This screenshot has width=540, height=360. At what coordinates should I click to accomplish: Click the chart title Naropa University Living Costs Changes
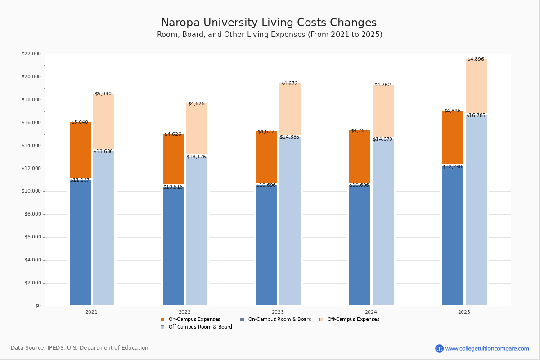269,23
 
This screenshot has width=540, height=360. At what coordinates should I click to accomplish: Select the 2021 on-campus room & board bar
80,243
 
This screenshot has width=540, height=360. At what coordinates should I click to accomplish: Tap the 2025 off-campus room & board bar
476,211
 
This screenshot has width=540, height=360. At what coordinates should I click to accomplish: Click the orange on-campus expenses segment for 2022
173,159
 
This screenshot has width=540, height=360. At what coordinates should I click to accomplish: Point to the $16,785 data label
476,116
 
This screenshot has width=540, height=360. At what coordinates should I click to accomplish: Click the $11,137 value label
80,180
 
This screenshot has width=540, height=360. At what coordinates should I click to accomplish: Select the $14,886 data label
289,137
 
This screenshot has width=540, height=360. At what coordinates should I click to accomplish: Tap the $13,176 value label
196,157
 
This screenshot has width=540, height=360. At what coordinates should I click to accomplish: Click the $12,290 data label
452,167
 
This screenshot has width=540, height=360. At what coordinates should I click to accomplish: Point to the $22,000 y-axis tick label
31,54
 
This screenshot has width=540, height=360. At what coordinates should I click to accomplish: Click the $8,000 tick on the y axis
32,214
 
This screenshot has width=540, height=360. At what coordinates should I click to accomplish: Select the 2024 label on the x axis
371,312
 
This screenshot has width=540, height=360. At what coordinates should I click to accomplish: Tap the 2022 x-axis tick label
184,312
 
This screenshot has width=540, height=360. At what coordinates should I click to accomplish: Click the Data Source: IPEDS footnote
80,348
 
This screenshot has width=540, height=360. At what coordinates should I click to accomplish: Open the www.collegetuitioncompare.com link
487,348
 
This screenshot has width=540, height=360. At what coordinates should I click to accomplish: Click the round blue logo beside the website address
439,348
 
